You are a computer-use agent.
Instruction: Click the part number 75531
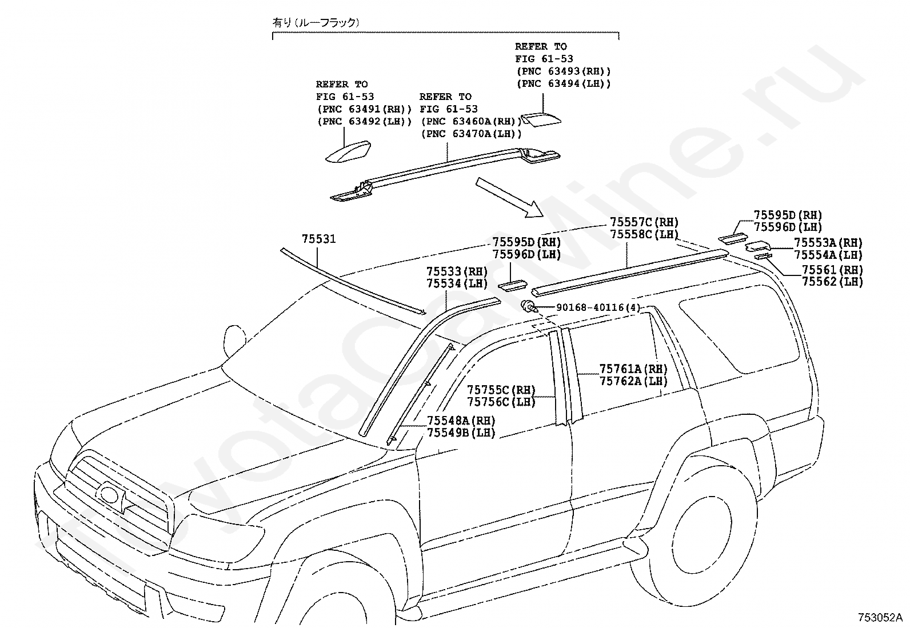319,239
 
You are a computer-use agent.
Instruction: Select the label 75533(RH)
457,271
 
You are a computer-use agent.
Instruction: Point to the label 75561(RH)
832,270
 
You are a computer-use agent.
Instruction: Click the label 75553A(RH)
828,242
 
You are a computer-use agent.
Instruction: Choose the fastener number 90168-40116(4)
598,307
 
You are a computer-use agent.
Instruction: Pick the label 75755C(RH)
501,390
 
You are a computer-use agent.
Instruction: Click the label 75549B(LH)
461,433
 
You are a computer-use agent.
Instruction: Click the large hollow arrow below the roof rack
509,197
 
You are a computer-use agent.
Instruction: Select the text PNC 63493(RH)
564,71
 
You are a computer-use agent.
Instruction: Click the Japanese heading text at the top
316,23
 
